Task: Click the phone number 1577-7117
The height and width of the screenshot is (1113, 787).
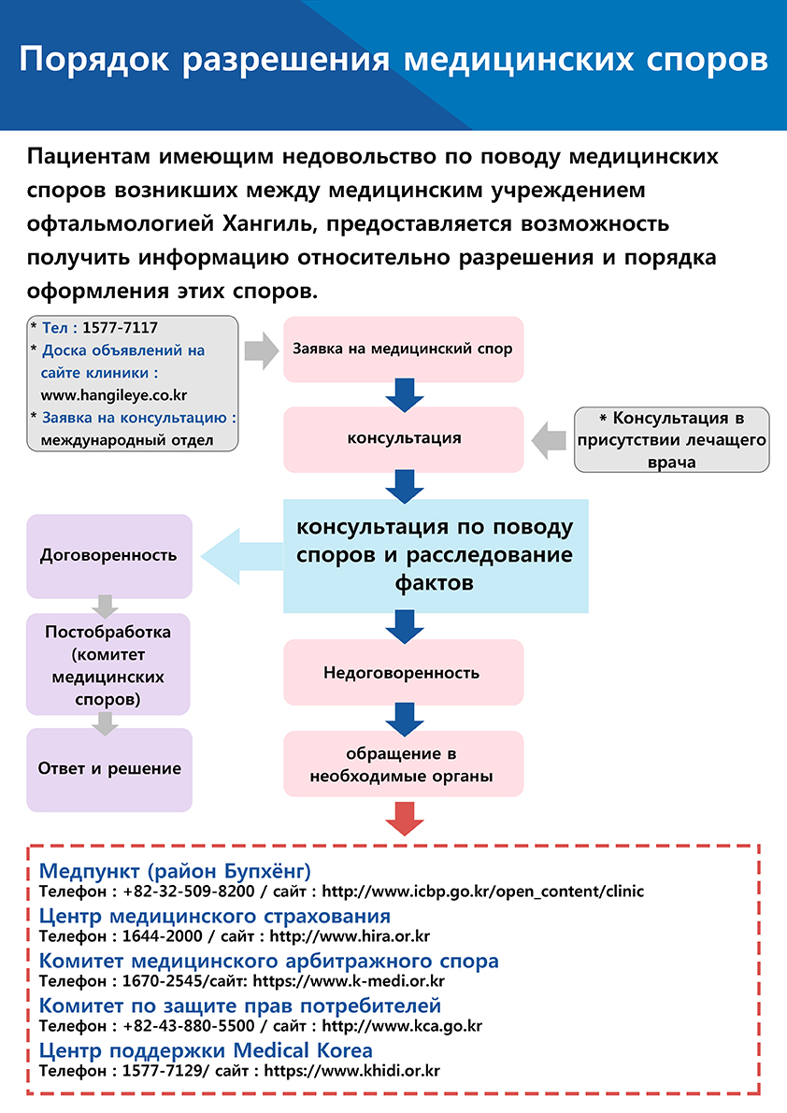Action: coord(120,328)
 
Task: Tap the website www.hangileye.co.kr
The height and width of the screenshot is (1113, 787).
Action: coord(113,395)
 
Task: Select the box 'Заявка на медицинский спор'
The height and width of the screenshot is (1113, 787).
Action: coord(403,350)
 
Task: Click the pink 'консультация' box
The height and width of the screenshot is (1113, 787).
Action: coord(403,439)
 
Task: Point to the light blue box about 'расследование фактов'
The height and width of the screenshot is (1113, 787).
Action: coord(436,556)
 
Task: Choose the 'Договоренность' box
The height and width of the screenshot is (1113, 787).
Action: coord(109,556)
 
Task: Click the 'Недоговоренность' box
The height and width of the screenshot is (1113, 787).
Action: coord(403,672)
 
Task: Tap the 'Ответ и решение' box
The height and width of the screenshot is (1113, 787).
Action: coord(109,769)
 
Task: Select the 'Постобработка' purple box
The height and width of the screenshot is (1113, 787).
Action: coord(107,664)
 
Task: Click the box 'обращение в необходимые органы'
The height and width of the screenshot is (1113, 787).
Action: coord(403,763)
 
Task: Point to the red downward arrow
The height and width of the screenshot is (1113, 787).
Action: coord(405,819)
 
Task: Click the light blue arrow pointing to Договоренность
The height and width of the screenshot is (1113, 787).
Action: coord(242,556)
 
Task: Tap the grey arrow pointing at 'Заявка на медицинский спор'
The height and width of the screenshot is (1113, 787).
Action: coord(261,350)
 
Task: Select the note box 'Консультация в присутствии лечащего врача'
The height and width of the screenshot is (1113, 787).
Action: coord(671,440)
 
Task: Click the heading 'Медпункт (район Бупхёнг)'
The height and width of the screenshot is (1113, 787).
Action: coord(175,870)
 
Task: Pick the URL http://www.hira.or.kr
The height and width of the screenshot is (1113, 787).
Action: coord(350,936)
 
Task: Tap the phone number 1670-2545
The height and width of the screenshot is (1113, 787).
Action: coord(162,981)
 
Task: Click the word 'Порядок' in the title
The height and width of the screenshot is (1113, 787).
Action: coord(94,60)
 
